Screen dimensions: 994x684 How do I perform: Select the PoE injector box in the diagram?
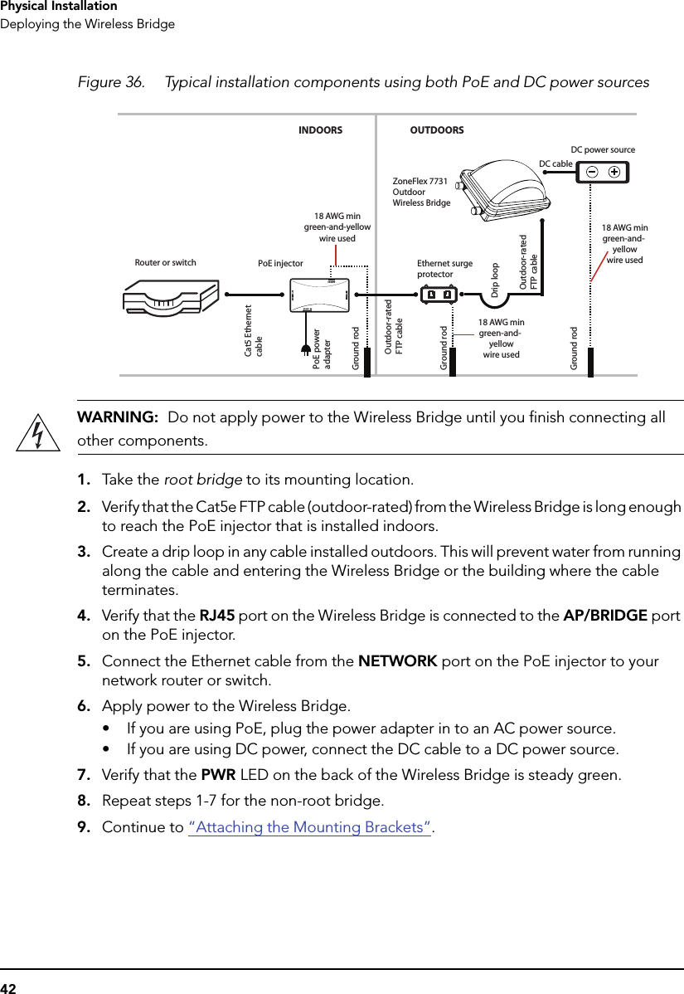319,294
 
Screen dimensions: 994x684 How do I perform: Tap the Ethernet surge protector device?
438,295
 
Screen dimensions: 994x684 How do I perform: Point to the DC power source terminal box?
604,172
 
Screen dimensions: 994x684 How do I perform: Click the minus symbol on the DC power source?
592,172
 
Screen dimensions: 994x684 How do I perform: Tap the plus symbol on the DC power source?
614,172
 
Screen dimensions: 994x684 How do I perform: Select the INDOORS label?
320,130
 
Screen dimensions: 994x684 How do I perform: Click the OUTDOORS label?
437,130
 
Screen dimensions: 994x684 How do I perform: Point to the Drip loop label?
495,280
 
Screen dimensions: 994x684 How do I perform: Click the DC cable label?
555,163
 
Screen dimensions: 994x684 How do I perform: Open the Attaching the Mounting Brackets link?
310,827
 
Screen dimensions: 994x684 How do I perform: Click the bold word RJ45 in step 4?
217,616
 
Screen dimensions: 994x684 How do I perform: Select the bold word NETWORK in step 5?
397,661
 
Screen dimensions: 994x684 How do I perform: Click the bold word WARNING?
118,417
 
